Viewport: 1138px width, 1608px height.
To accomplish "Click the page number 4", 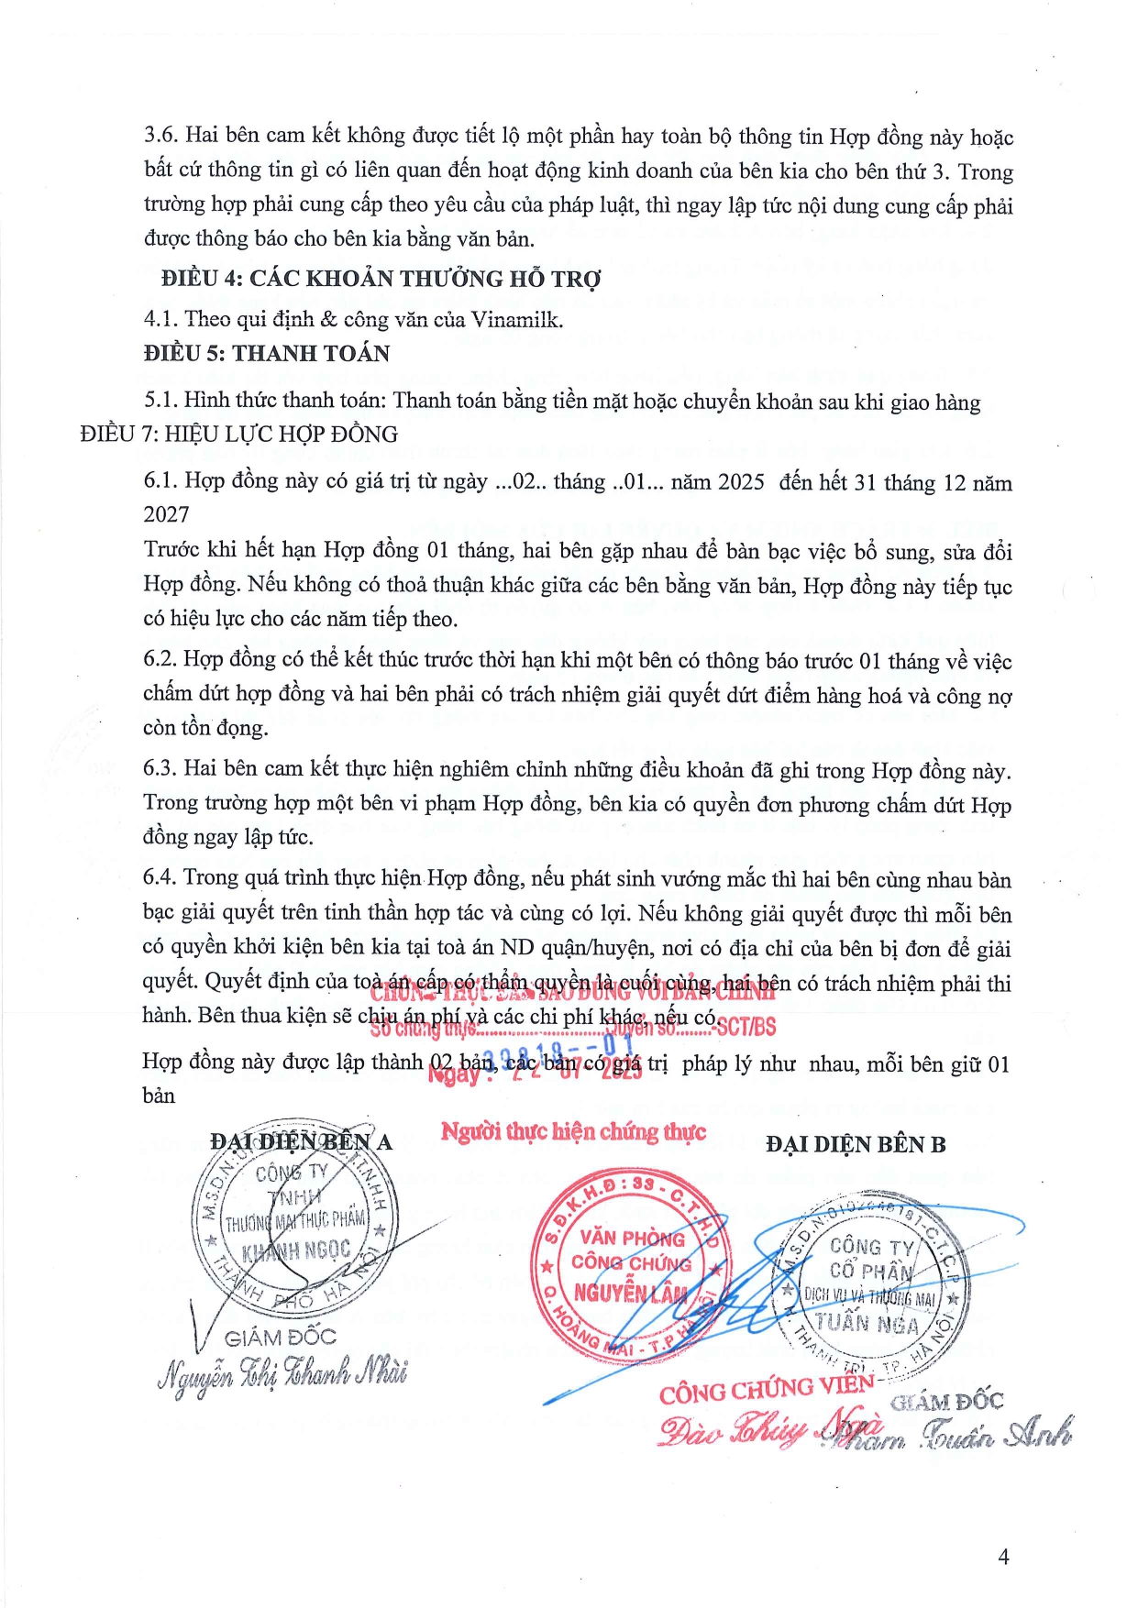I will coord(1003,1557).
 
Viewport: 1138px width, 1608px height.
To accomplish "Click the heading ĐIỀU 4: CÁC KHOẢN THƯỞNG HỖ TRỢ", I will coord(381,279).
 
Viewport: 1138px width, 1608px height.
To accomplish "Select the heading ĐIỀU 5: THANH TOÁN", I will coord(267,354).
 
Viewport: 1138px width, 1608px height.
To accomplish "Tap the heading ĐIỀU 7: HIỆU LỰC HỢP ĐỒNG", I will coord(239,434).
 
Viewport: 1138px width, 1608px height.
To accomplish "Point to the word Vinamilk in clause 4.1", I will coord(516,319).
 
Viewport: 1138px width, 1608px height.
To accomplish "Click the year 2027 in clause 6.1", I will coord(166,514).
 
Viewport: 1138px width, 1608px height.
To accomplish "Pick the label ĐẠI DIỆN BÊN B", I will coord(856,1144).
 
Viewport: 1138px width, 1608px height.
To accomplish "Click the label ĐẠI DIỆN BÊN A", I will coord(301,1142).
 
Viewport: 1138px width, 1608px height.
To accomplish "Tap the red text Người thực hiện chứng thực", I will coord(573,1132).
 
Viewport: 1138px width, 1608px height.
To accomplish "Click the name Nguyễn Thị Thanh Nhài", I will coord(282,1375).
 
